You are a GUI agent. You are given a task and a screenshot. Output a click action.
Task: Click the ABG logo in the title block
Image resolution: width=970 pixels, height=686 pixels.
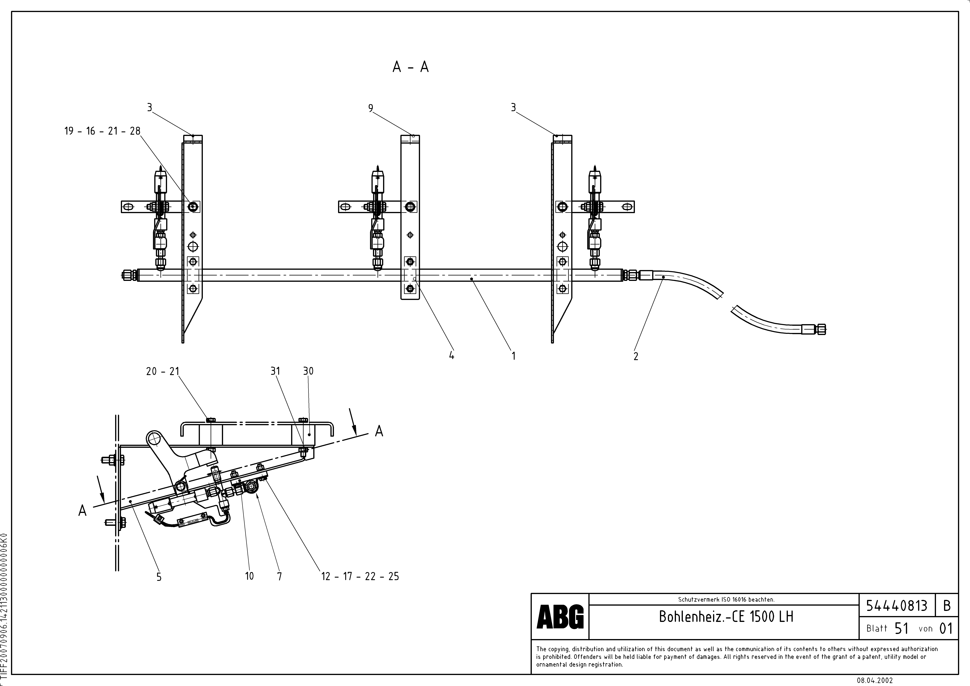click(x=560, y=617)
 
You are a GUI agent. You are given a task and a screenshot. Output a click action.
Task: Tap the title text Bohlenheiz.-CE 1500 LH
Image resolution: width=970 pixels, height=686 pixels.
click(x=726, y=617)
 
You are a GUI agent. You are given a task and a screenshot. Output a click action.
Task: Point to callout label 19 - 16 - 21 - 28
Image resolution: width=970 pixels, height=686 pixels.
click(x=102, y=131)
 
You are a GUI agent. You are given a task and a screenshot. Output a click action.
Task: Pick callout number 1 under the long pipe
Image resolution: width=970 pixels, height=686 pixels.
click(x=513, y=356)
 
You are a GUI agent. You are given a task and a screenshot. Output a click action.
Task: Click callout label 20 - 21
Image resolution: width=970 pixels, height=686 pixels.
click(x=163, y=371)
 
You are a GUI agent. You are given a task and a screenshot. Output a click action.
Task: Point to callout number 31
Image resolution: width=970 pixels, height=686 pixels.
click(x=275, y=371)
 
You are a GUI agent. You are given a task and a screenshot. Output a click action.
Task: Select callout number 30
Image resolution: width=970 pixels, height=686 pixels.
click(x=308, y=371)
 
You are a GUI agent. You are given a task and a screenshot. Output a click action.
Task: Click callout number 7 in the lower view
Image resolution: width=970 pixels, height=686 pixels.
click(x=279, y=576)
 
